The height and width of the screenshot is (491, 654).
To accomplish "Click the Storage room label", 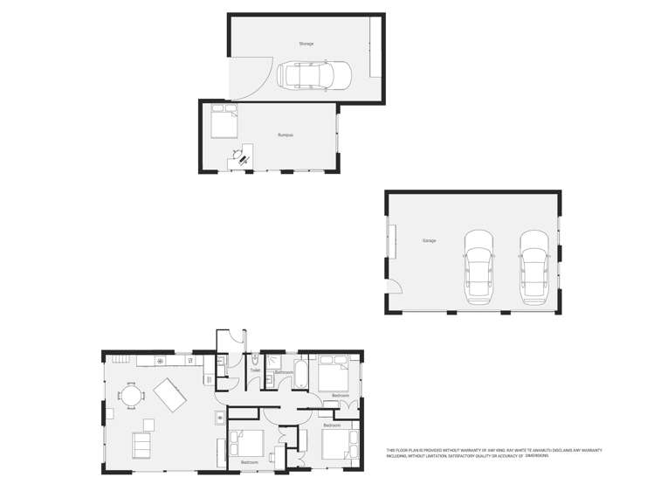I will coord(306,43).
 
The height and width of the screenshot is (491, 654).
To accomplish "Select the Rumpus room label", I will coord(285,135).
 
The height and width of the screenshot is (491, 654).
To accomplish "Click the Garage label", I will coord(429,240).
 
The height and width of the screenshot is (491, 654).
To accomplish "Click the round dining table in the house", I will coord(131,397).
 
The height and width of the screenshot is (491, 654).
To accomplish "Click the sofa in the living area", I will coord(141,446).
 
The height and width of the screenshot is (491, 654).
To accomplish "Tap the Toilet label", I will coord(255,370).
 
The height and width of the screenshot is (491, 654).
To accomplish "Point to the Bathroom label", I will coord(284,373).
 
